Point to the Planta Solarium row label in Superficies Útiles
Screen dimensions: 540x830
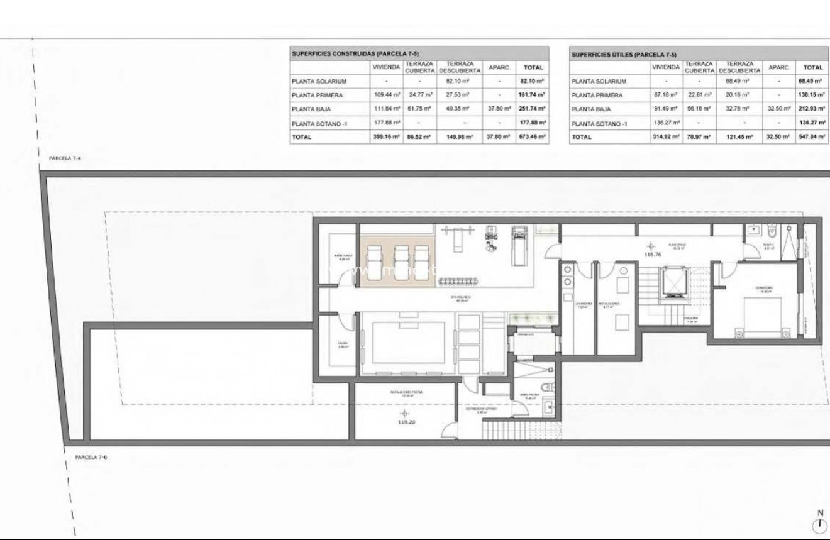pyautogui.click(x=599, y=81)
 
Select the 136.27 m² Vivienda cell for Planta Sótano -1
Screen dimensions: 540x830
pyautogui.click(x=665, y=123)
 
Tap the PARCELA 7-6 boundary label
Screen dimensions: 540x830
pyautogui.click(x=91, y=457)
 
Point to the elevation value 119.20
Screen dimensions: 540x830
pyautogui.click(x=405, y=422)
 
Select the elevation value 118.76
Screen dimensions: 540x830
pyautogui.click(x=653, y=255)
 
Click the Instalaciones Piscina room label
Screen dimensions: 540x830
pyautogui.click(x=406, y=394)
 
